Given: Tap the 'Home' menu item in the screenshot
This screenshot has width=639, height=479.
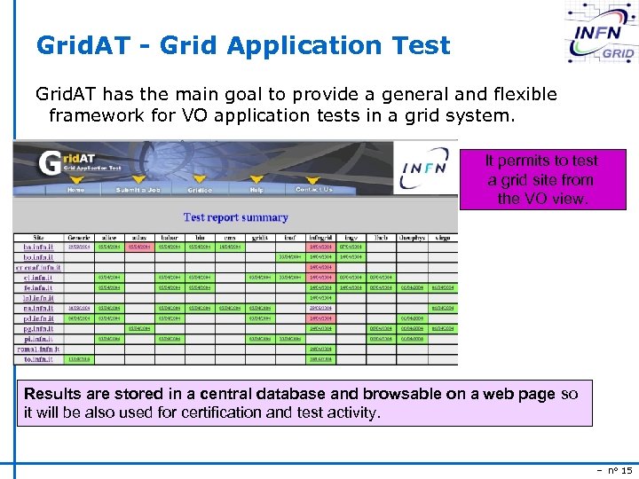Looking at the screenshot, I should (x=76, y=189).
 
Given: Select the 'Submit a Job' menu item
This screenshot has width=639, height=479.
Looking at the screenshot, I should (x=139, y=189).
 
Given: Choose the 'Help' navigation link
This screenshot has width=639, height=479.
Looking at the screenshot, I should (x=256, y=189).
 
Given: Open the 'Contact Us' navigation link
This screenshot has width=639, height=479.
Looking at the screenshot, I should (x=314, y=189).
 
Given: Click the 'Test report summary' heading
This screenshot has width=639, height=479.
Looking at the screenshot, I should (x=235, y=217).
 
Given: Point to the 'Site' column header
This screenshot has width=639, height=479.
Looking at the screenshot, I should (x=39, y=238).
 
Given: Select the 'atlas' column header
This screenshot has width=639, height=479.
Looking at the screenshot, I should (x=139, y=238).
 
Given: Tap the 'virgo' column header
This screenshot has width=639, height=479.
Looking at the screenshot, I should (x=441, y=238).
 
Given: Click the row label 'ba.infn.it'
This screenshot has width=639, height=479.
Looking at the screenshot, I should (x=39, y=247).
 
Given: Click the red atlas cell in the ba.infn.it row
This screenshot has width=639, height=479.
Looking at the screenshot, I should (x=139, y=247).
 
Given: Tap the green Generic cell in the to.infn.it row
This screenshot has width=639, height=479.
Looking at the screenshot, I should (x=80, y=359).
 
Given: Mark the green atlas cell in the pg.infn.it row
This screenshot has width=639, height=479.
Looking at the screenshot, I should (x=139, y=328).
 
